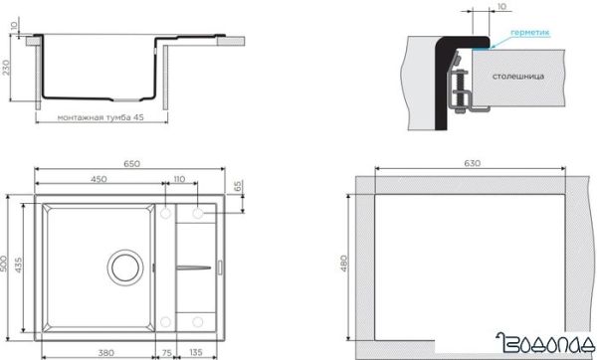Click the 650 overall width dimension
pyautogui.click(x=131, y=164)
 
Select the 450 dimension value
pyautogui.click(x=99, y=179)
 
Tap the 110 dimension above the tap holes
pyautogui.click(x=179, y=179)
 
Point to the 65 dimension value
pyautogui.click(x=238, y=186)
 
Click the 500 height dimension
pyautogui.click(x=4, y=264)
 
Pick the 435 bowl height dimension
pyautogui.click(x=18, y=265)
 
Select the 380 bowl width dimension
pyautogui.click(x=105, y=353)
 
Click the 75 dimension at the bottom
pyautogui.click(x=167, y=353)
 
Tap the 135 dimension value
pyautogui.click(x=196, y=352)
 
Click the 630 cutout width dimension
pyautogui.click(x=472, y=163)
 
